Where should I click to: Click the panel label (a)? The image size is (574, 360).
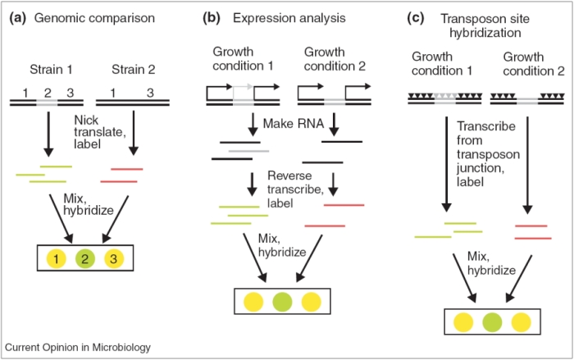point(17,19)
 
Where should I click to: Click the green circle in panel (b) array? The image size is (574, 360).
point(282,299)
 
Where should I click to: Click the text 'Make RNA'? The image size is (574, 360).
point(289,124)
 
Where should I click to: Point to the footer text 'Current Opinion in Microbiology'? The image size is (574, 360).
point(78,347)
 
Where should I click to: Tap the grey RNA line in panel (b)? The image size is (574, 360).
point(244,150)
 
